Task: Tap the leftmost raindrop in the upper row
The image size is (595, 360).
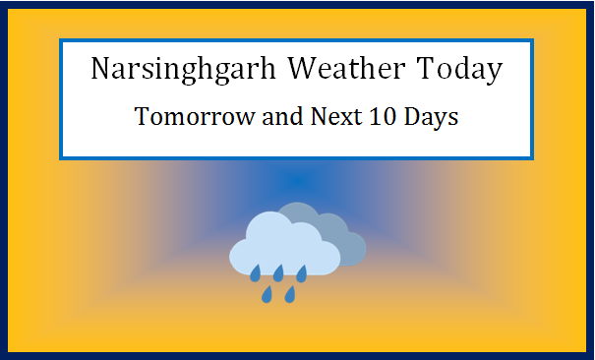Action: point(255,271)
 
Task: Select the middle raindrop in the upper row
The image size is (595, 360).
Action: point(278,271)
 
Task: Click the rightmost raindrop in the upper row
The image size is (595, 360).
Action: point(302,271)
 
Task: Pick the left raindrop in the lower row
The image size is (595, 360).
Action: point(267,293)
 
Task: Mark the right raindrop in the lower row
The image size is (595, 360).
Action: point(290,293)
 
